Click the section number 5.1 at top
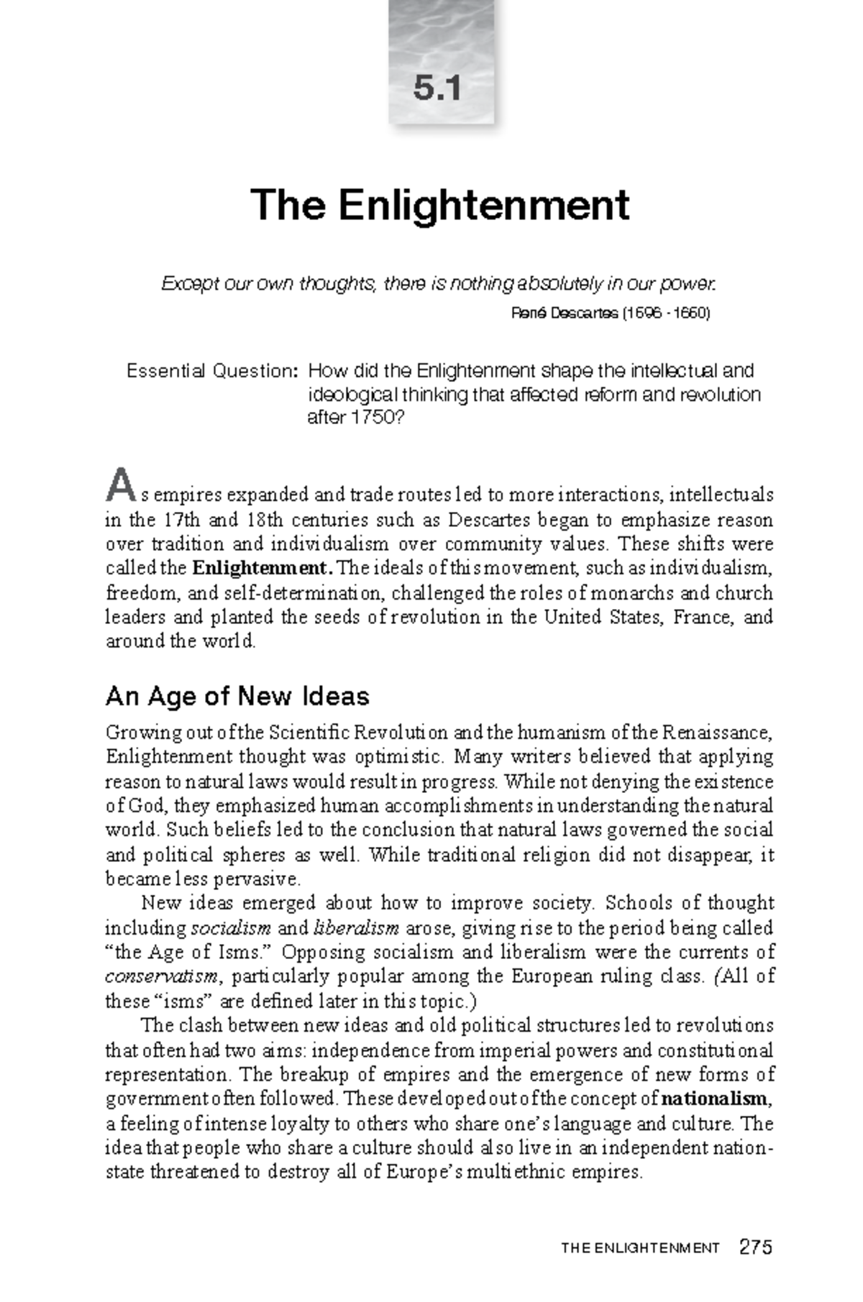coord(437,89)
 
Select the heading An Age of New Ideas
coord(237,696)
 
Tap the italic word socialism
coord(230,927)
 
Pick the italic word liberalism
coord(357,927)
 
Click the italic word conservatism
coord(162,976)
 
